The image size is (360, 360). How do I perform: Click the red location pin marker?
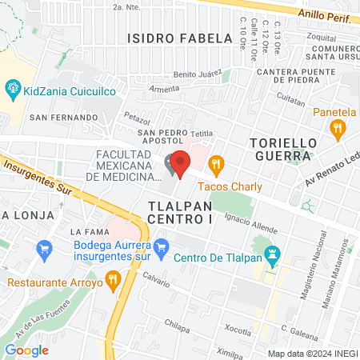click(x=180, y=163)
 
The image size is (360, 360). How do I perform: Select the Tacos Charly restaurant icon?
click(x=215, y=166)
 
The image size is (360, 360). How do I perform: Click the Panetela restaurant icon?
click(x=339, y=127)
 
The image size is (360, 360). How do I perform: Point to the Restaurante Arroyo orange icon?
click(x=113, y=281)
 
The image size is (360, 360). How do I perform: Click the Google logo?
click(x=26, y=350)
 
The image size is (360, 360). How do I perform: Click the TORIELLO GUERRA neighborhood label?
click(x=280, y=149)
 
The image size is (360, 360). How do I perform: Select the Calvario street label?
click(x=157, y=282)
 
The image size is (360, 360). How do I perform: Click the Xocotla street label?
click(x=238, y=329)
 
